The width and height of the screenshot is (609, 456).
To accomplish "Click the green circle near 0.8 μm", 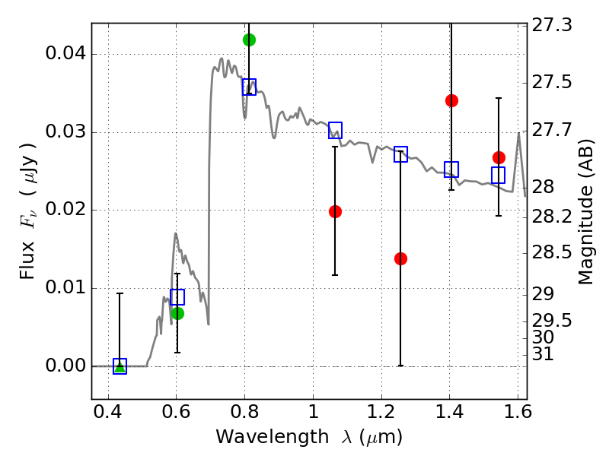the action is [x=249, y=40].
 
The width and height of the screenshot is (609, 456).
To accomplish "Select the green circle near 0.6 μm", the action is [x=177, y=313].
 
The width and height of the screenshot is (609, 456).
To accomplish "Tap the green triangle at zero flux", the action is [x=120, y=367].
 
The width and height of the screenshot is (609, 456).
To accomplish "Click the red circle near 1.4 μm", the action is [x=451, y=101].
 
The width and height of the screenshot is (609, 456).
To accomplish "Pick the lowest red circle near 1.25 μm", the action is [x=400, y=258].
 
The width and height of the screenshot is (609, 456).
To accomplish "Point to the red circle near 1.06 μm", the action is [x=335, y=212].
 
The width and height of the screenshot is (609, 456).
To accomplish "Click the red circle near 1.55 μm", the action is [x=499, y=158].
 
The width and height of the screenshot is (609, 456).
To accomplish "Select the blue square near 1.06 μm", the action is [x=335, y=130].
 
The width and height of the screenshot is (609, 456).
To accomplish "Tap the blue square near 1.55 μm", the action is [x=498, y=176].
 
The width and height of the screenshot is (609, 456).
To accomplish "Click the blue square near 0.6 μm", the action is [x=177, y=297].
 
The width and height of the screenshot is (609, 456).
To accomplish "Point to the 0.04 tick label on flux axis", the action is [x=65, y=53].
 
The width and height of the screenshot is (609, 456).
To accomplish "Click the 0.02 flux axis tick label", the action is [x=65, y=210].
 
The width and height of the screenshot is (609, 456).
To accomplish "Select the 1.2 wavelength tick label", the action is [x=381, y=412].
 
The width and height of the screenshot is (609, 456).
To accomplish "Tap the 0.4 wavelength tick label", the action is [x=108, y=412].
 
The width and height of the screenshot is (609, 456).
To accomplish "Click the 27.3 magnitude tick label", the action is [x=551, y=25].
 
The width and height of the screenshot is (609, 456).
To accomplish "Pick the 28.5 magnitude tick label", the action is [x=551, y=253].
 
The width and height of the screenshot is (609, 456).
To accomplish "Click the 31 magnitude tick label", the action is [x=543, y=354].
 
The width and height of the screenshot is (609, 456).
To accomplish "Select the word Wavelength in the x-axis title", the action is [x=273, y=437].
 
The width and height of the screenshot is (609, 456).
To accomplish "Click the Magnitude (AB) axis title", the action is [x=585, y=212].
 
